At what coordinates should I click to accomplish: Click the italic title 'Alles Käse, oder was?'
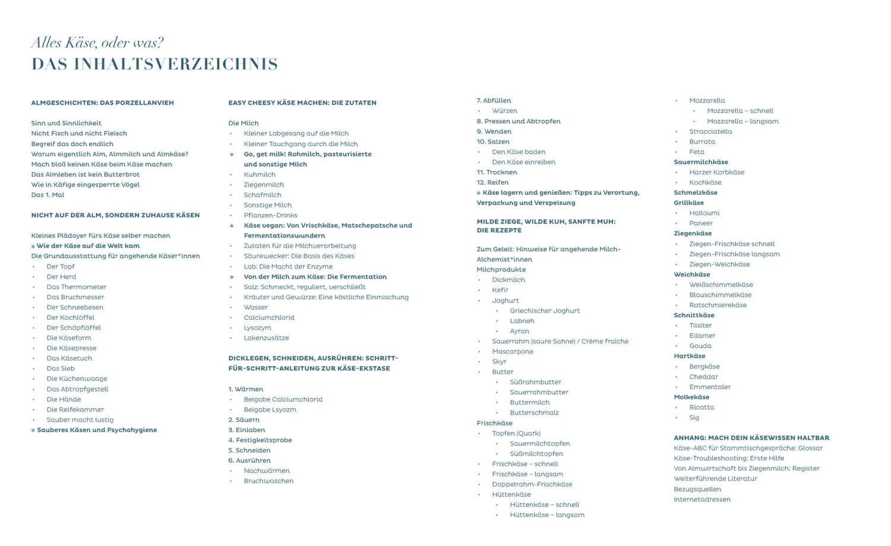[x=97, y=43]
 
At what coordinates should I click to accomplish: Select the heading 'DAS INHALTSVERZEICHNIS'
[x=154, y=64]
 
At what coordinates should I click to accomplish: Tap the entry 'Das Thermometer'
[x=77, y=287]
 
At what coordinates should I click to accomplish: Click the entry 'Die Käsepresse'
[x=71, y=348]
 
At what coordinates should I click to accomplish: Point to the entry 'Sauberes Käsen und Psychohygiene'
[x=97, y=430]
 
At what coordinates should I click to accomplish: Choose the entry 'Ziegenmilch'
[x=264, y=185]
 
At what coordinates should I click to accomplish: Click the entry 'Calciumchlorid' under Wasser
[x=269, y=318]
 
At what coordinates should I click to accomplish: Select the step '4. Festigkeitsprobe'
[x=260, y=440]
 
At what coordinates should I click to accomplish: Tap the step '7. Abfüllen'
[x=494, y=101]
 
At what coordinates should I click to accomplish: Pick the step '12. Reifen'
[x=492, y=182]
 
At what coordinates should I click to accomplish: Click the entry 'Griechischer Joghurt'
[x=545, y=311]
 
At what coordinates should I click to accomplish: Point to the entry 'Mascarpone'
[x=513, y=352]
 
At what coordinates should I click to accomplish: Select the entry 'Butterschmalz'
[x=534, y=413]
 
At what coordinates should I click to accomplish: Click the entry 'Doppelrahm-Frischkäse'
[x=532, y=484]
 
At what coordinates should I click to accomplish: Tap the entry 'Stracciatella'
[x=710, y=132]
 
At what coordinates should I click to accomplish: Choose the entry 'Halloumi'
[x=704, y=213]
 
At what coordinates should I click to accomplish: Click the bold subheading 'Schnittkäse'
[x=694, y=315]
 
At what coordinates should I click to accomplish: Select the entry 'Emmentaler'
[x=710, y=387]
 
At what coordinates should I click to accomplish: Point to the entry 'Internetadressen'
[x=702, y=500]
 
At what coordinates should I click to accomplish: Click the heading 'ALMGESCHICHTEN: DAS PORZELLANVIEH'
[x=103, y=103]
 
